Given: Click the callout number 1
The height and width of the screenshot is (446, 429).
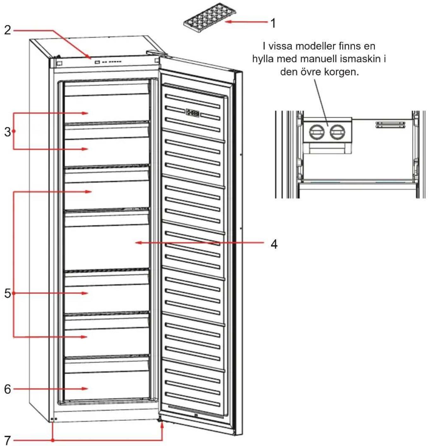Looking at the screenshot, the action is click(x=273, y=23).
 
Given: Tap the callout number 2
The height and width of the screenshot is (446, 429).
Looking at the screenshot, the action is click(x=8, y=30).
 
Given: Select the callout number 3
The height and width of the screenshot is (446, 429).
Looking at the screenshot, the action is click(x=8, y=132).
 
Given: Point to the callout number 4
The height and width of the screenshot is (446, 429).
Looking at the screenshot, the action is click(x=274, y=244).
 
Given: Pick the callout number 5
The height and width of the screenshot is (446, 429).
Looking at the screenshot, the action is click(x=8, y=293).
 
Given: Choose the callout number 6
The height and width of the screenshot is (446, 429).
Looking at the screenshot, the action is click(x=8, y=389).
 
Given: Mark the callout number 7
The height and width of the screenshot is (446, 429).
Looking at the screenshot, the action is click(x=8, y=440).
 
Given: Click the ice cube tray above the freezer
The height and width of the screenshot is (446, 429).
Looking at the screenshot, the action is click(x=210, y=18).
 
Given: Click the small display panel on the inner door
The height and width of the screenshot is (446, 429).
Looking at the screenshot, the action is click(x=193, y=113).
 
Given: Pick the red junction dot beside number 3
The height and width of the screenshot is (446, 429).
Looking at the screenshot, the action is click(x=13, y=131).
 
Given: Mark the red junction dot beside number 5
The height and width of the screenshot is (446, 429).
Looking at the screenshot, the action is click(x=13, y=293).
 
